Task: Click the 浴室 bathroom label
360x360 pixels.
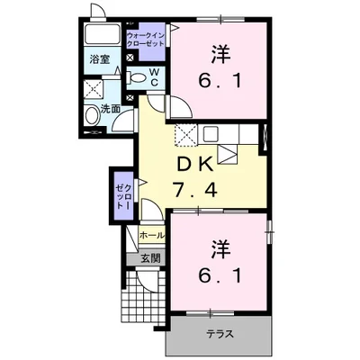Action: coord(100,59)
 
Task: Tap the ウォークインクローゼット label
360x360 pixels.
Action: coord(146,40)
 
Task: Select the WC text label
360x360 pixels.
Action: coord(154,77)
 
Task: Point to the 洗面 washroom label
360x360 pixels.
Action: coord(110,109)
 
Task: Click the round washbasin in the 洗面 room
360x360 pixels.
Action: coord(92,115)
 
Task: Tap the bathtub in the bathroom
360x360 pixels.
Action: coord(103,34)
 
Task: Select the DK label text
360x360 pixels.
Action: coord(195,164)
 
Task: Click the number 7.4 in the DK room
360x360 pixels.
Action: coord(195,190)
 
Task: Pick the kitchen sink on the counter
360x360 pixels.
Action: coord(212,133)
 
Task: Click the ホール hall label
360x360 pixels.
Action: coord(152,235)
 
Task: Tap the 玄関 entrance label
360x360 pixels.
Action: coord(150,258)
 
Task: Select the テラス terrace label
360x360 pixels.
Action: coord(220,334)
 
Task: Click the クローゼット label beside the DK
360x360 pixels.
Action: coord(124,196)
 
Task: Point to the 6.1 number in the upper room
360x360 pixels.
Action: coord(220,80)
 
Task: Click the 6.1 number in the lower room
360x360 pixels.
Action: coord(220,275)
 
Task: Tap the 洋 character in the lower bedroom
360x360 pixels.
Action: coord(221,249)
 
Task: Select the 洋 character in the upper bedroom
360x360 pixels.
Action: coord(221,54)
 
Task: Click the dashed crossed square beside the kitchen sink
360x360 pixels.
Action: coord(185,135)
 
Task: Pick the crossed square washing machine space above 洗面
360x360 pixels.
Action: coord(94,89)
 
